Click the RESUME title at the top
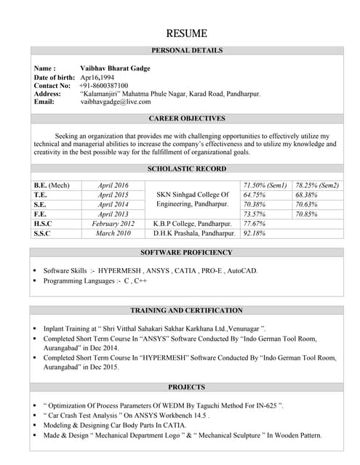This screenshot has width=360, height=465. click(186, 33)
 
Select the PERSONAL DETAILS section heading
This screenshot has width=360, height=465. click(186, 50)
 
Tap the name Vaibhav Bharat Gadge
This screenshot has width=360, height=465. click(115, 68)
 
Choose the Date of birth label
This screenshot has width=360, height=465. click(55, 77)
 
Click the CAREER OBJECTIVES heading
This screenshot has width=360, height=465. click(186, 118)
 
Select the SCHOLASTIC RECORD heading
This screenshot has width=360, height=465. click(186, 169)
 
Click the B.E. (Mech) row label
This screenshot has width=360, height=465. click(52, 186)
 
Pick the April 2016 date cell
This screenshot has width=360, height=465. click(113, 186)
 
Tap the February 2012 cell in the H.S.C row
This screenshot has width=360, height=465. click(113, 224)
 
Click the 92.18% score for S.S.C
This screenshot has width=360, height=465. click(255, 234)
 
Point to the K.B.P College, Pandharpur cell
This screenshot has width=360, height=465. click(193, 224)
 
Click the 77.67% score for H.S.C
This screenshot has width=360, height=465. click(255, 224)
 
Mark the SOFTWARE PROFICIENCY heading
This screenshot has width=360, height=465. click(186, 253)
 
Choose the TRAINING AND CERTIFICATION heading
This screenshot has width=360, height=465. click(186, 310)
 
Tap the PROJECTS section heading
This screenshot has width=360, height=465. click(186, 387)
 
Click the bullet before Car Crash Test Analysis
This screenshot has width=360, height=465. click(35, 416)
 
